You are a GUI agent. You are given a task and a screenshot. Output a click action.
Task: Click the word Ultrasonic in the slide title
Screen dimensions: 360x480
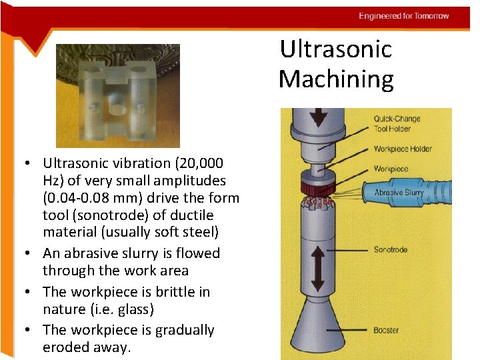click(x=335, y=49)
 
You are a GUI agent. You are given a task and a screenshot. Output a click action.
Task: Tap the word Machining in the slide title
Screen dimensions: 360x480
click(x=336, y=79)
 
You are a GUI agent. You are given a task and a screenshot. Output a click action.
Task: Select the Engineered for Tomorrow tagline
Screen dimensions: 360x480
click(x=403, y=16)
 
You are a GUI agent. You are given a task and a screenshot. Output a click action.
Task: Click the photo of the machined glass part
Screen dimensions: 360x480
click(x=117, y=95)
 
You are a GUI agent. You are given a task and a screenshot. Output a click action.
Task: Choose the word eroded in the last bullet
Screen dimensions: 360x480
click(x=65, y=347)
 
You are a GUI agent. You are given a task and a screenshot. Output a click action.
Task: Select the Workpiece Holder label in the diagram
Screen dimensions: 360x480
click(x=403, y=149)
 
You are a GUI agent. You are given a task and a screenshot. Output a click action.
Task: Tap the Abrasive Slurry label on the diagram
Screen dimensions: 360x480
click(x=399, y=193)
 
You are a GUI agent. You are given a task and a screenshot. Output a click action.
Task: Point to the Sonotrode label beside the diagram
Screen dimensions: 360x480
click(x=390, y=250)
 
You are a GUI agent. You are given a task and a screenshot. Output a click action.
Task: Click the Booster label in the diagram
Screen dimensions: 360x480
click(x=386, y=329)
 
